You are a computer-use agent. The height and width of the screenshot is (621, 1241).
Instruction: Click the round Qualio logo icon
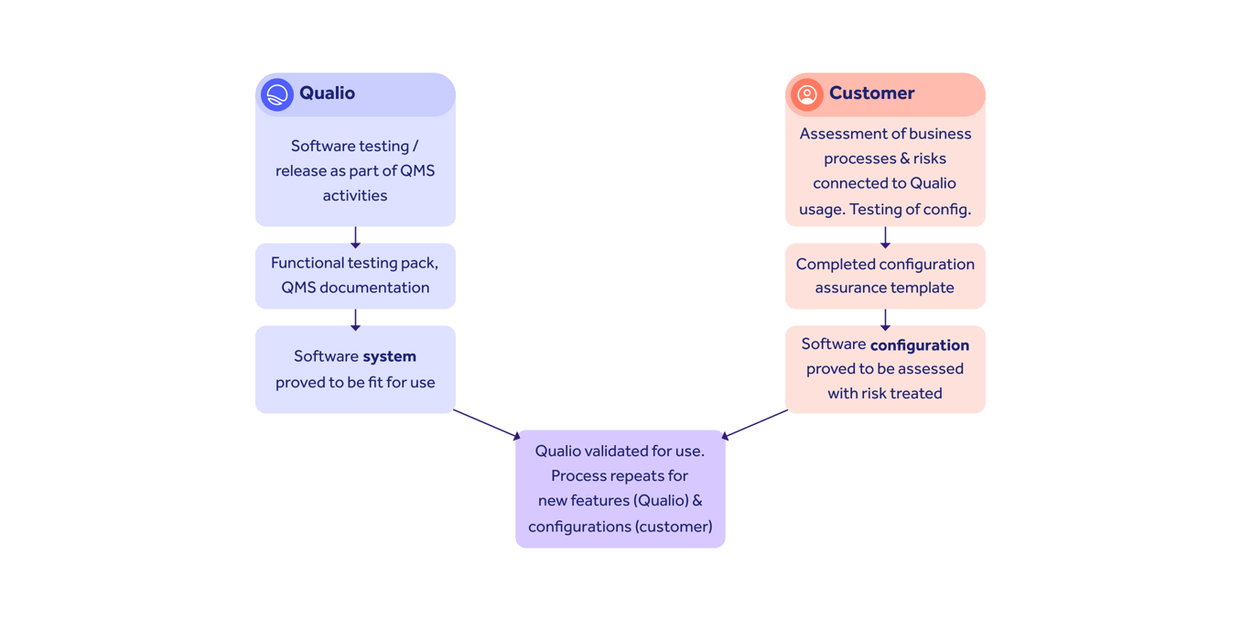[277, 94]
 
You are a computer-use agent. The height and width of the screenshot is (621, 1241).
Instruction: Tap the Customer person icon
[806, 94]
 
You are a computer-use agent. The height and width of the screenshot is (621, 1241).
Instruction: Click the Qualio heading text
[327, 93]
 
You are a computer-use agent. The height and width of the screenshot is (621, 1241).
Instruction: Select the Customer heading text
[871, 93]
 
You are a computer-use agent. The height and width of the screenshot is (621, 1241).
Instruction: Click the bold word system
[389, 357]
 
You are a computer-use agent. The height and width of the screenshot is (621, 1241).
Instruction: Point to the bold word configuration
[919, 345]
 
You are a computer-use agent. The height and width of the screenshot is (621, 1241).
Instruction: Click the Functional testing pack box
[355, 276]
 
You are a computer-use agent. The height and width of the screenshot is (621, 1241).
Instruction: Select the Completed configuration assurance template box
[885, 276]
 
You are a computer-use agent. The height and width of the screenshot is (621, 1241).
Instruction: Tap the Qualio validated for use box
[620, 489]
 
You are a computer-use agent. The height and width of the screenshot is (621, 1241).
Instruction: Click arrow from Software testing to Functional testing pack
[355, 235]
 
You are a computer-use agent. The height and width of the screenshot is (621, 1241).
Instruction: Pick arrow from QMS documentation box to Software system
[355, 318]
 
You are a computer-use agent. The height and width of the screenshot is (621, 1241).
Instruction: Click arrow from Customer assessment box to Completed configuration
[885, 235]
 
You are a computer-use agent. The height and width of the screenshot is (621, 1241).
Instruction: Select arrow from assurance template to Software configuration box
[885, 318]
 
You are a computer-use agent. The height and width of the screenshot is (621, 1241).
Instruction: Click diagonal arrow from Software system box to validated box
[486, 424]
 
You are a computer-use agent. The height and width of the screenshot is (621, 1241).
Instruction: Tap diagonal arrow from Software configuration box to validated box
[755, 424]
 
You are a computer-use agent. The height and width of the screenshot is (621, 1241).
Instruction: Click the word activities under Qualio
[355, 195]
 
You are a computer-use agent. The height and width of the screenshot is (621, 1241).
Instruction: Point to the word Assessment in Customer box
[840, 134]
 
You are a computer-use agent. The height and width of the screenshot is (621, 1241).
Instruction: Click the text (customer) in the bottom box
[675, 527]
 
